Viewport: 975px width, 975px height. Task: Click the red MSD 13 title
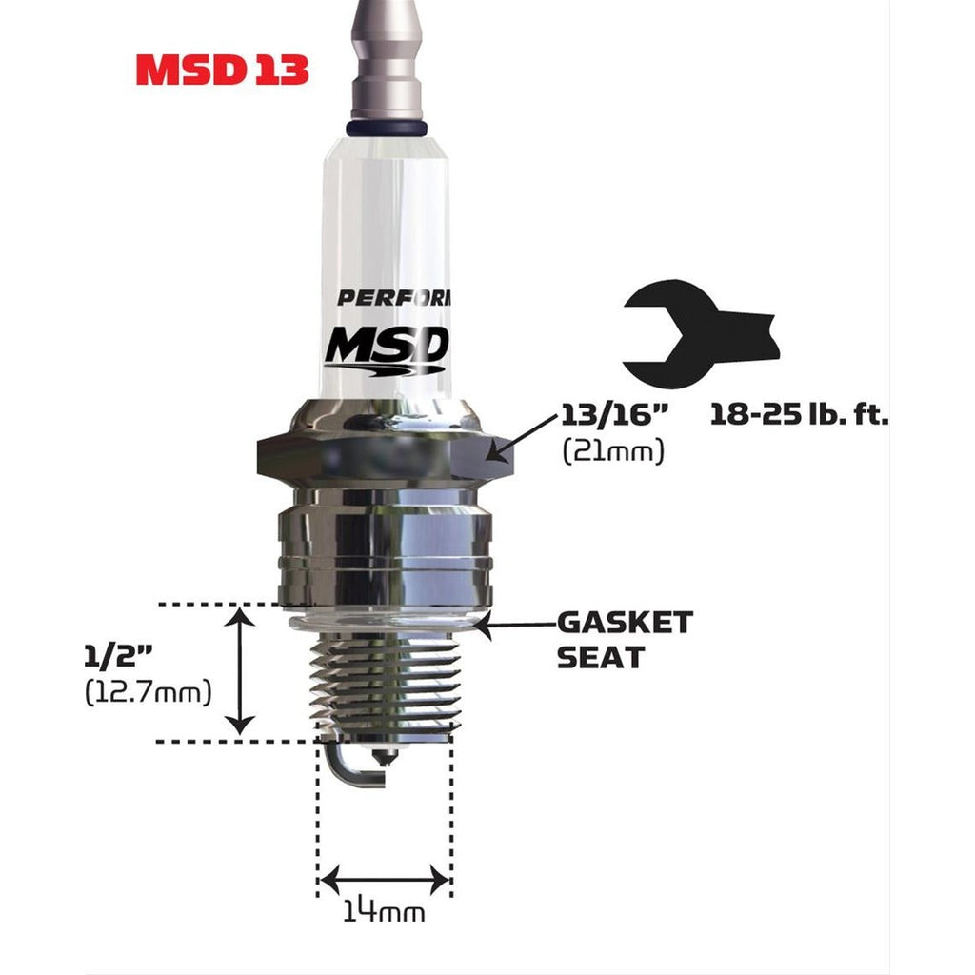click(222, 69)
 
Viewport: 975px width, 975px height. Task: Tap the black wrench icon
click(700, 333)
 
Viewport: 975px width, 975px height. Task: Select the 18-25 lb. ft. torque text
click(798, 415)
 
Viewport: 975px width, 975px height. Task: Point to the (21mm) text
click(612, 450)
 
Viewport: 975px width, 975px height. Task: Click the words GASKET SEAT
click(624, 639)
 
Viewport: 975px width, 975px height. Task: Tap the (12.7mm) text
click(147, 692)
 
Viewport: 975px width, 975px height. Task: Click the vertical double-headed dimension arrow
click(242, 672)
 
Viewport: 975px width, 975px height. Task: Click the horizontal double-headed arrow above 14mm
click(384, 880)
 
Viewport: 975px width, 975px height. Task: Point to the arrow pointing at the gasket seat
click(514, 625)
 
